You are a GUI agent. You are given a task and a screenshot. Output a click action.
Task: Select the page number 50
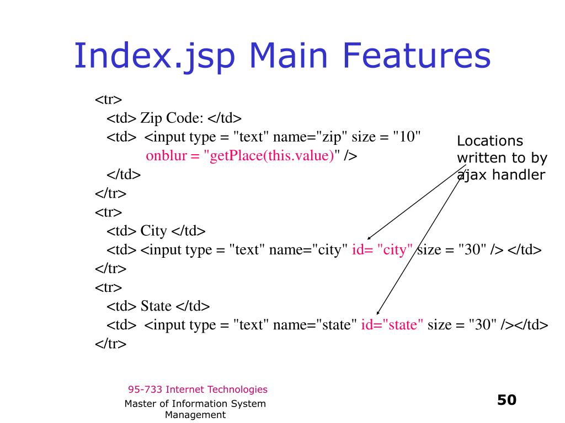pyautogui.click(x=507, y=399)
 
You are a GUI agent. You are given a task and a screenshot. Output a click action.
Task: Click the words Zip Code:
pyautogui.click(x=172, y=118)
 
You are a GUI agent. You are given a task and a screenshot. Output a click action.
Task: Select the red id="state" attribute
pyautogui.click(x=392, y=325)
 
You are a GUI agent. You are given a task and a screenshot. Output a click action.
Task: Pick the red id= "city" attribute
pyautogui.click(x=383, y=250)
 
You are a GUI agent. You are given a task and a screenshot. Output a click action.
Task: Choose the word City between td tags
pyautogui.click(x=153, y=231)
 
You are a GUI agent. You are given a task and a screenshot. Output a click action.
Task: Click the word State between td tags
pyautogui.click(x=156, y=306)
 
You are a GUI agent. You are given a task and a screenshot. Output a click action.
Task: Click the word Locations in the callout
pyautogui.click(x=490, y=142)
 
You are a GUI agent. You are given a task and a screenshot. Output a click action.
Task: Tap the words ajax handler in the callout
pyautogui.click(x=501, y=175)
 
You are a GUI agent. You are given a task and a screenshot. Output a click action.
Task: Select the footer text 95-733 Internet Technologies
pyautogui.click(x=198, y=389)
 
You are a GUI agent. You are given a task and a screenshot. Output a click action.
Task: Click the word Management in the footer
pyautogui.click(x=195, y=415)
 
